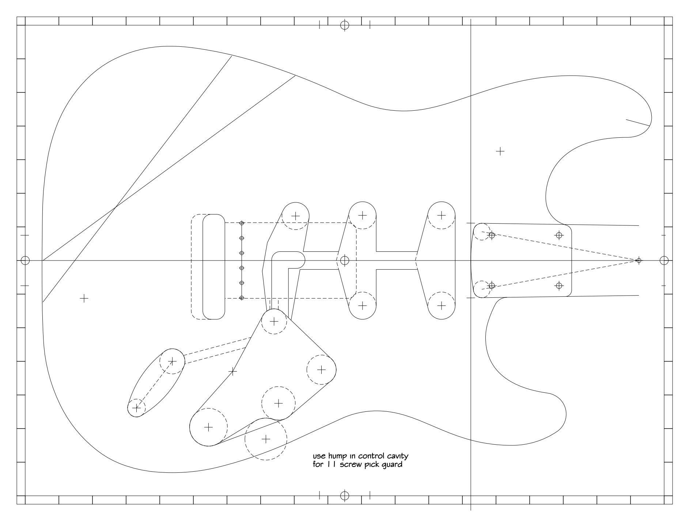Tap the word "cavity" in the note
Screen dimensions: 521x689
point(397,456)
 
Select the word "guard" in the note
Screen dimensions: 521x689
point(392,465)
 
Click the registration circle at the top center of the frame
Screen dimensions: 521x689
point(345,25)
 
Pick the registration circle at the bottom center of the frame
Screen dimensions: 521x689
point(345,496)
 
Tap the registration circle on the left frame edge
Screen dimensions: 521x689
point(25,260)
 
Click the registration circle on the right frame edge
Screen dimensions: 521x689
point(664,260)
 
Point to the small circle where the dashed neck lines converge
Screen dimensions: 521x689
point(639,260)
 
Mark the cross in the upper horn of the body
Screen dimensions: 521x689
point(500,151)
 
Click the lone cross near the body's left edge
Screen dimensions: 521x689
point(84,298)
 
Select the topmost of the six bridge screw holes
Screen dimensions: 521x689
point(242,223)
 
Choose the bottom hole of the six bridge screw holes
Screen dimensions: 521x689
point(242,298)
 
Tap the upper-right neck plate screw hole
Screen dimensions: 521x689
point(559,235)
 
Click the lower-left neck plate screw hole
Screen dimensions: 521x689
point(492,286)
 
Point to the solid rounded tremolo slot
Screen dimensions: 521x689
point(214,267)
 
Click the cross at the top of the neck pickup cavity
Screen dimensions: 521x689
point(442,215)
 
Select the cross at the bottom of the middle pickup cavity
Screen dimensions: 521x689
point(362,305)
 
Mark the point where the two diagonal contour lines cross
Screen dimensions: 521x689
point(116,208)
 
